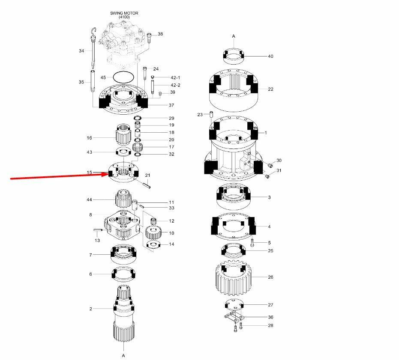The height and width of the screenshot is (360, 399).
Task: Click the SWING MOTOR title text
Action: pos(124,13)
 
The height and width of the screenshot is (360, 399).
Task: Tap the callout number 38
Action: pos(160,34)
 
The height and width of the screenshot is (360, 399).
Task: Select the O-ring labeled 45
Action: pos(123,77)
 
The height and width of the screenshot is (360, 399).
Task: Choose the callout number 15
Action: pos(89,173)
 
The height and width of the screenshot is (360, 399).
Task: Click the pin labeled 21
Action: pos(147,184)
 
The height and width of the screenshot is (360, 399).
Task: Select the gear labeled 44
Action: pos(123,199)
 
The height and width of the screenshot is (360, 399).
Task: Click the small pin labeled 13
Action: pos(98,230)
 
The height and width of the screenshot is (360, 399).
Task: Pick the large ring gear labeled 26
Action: pos(234,279)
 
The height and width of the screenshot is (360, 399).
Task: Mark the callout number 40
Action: pos(270,56)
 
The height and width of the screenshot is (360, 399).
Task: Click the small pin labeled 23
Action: pos(211,114)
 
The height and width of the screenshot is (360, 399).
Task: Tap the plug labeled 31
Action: pos(267,176)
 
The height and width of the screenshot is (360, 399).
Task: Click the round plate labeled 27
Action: pos(234,305)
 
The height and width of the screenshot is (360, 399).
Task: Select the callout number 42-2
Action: pos(176,85)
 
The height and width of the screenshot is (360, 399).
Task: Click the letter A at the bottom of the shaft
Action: pos(123,355)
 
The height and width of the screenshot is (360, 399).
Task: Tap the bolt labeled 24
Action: pos(145,73)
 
